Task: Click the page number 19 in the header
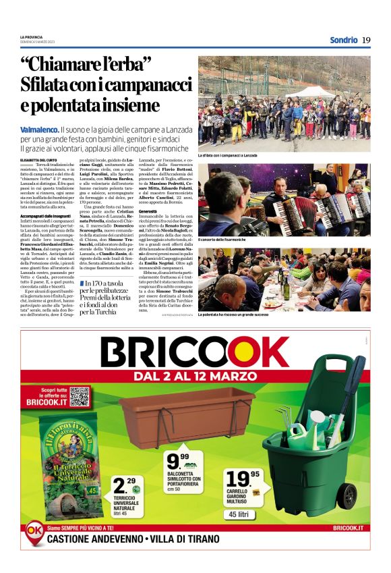click(x=366, y=40)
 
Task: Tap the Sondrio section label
click(x=343, y=40)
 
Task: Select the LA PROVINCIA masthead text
click(x=32, y=36)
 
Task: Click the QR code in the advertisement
click(x=80, y=396)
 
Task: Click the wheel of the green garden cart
click(x=347, y=496)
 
